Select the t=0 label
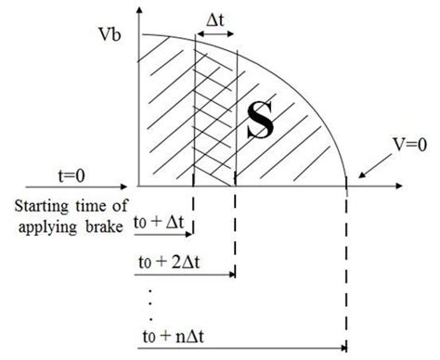[x=71, y=158]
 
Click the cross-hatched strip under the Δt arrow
[x=214, y=111]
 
